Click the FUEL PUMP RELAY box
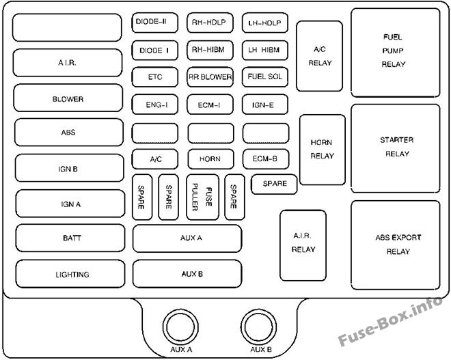click(395, 51)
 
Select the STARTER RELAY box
click(396, 147)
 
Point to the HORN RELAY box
click(322, 150)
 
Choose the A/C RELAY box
click(318, 56)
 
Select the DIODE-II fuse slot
click(154, 22)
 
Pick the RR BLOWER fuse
click(210, 77)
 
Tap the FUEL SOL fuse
click(265, 77)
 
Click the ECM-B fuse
click(265, 158)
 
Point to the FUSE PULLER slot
click(202, 197)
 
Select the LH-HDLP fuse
click(265, 22)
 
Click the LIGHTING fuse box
click(72, 275)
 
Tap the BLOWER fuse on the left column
click(68, 99)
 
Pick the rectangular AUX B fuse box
click(187, 274)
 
